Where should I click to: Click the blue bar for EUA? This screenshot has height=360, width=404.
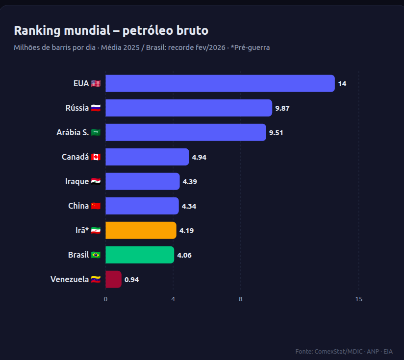pos(220,83)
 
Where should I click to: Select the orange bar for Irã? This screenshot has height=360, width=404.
pos(141,230)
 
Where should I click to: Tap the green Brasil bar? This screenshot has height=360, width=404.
pos(140,255)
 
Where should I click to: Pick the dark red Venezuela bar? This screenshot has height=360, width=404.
pos(113,279)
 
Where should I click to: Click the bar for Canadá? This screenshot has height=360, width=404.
pos(147,157)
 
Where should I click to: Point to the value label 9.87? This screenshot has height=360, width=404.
pos(282,108)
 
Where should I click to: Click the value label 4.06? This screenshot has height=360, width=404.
pos(184,255)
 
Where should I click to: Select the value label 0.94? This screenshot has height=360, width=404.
pos(132,280)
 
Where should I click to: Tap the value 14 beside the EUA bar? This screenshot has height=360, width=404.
pos(342,84)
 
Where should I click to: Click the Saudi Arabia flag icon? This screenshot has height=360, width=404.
pos(96,133)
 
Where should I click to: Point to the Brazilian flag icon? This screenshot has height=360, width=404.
pos(96,255)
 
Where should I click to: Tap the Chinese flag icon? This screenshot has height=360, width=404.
pos(96,206)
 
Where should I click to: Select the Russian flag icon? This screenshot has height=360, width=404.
pos(96,108)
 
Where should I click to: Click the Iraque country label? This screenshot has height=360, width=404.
pos(77,181)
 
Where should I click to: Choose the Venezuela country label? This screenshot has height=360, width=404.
pos(70,279)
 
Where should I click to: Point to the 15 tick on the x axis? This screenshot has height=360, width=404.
pos(359,299)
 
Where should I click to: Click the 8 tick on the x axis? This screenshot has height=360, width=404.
pos(241,299)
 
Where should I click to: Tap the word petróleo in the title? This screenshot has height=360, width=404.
pos(148,30)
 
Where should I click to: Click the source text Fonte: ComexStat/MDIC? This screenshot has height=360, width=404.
pos(329,352)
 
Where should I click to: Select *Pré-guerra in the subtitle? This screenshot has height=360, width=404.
pos(250,48)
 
